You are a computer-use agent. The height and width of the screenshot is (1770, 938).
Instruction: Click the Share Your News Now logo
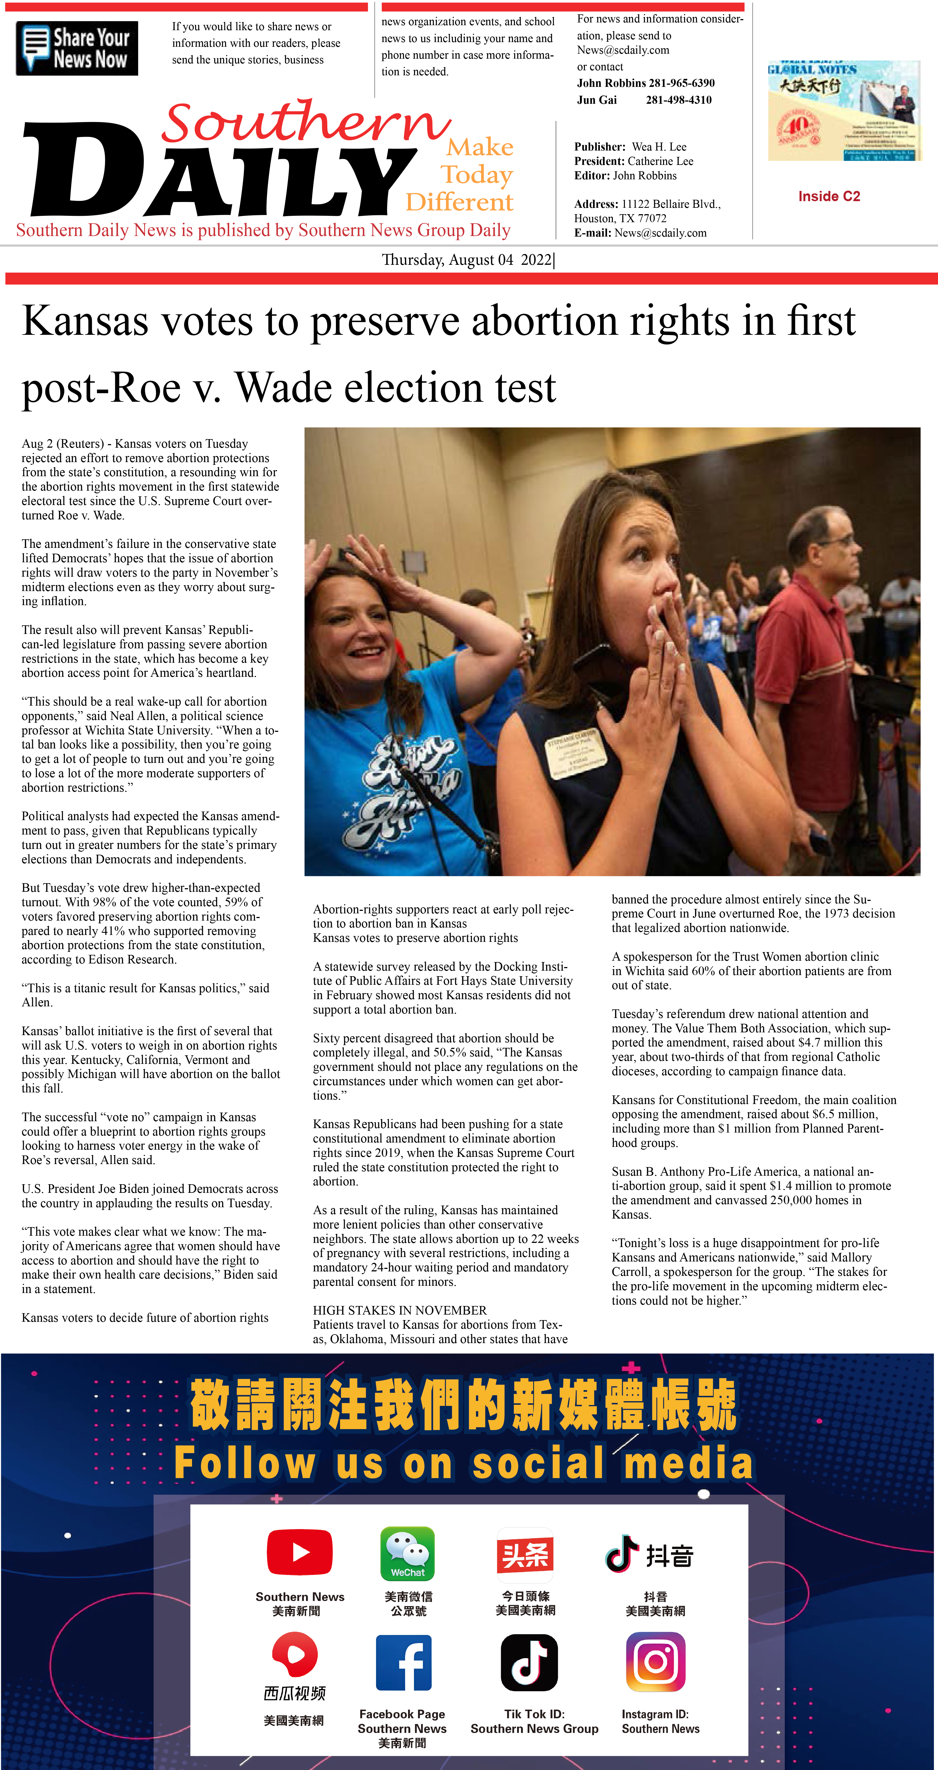[77, 48]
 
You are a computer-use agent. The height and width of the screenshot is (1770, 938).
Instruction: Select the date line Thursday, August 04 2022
[467, 260]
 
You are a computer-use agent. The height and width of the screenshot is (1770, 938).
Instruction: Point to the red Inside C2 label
[829, 196]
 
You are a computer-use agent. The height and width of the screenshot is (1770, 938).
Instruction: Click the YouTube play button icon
[300, 1551]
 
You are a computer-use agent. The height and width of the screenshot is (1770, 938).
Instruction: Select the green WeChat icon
[408, 1553]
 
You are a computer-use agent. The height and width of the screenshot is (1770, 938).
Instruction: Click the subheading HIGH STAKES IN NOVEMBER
[399, 1310]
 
